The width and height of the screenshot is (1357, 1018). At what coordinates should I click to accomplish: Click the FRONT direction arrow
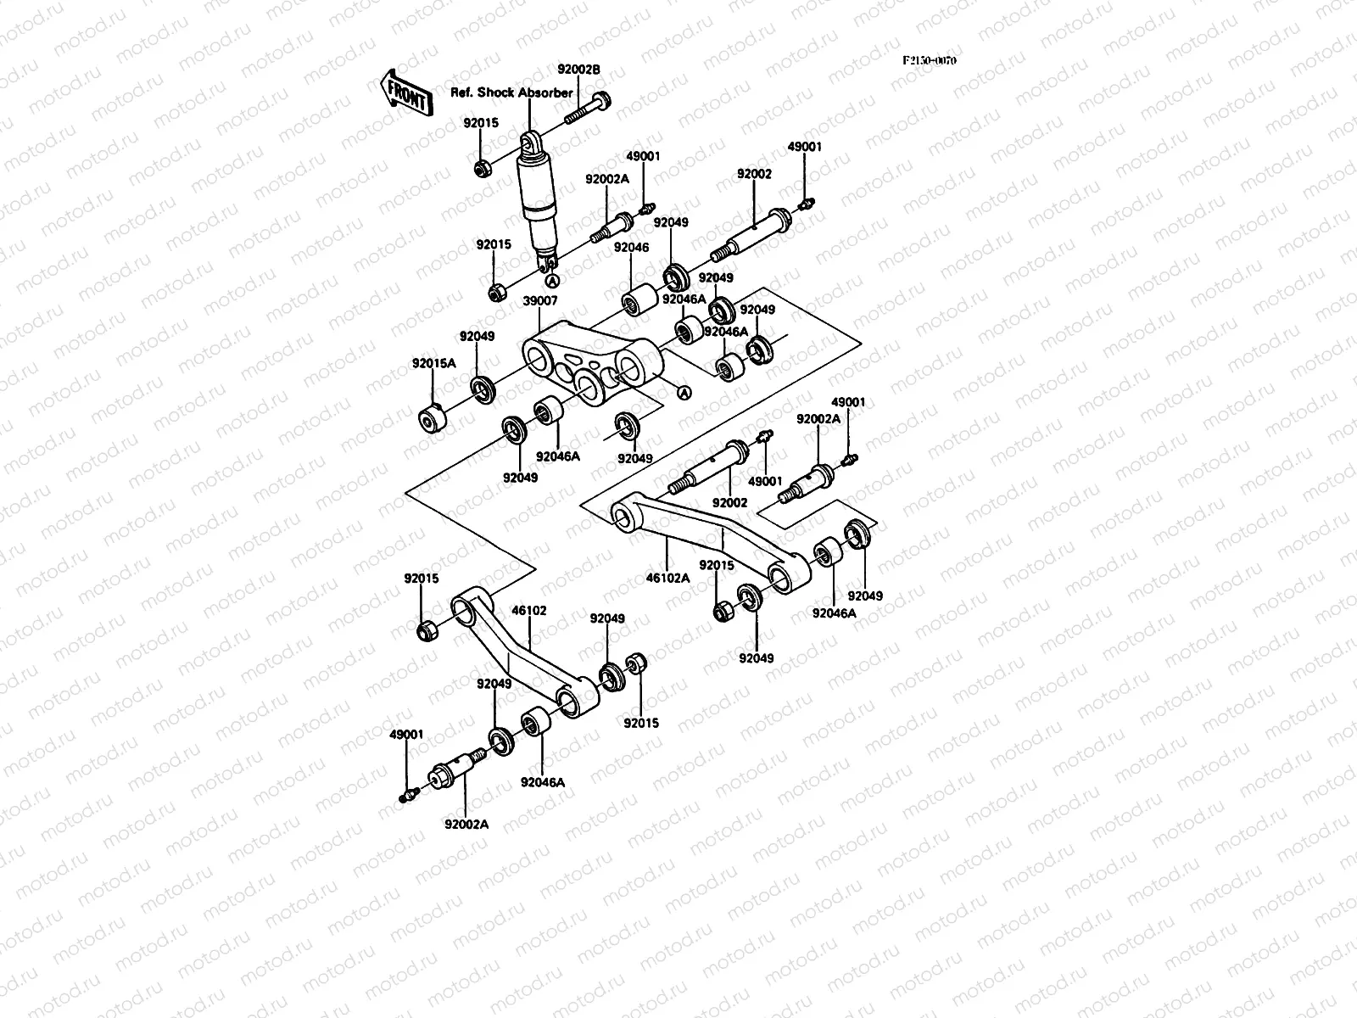pyautogui.click(x=406, y=92)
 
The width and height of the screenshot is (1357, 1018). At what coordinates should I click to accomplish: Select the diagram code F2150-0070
pyautogui.click(x=929, y=61)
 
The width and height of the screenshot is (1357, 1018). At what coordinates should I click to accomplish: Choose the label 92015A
pyautogui.click(x=434, y=362)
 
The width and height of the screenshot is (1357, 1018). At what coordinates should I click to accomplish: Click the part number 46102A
pyautogui.click(x=669, y=578)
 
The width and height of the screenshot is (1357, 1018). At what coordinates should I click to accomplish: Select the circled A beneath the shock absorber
pyautogui.click(x=551, y=281)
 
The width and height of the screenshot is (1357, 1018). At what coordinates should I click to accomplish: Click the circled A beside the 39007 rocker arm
pyautogui.click(x=684, y=392)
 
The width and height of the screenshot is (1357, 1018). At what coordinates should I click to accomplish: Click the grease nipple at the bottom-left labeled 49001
pyautogui.click(x=408, y=795)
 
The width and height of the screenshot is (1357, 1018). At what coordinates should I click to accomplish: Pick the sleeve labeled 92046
pyautogui.click(x=639, y=300)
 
